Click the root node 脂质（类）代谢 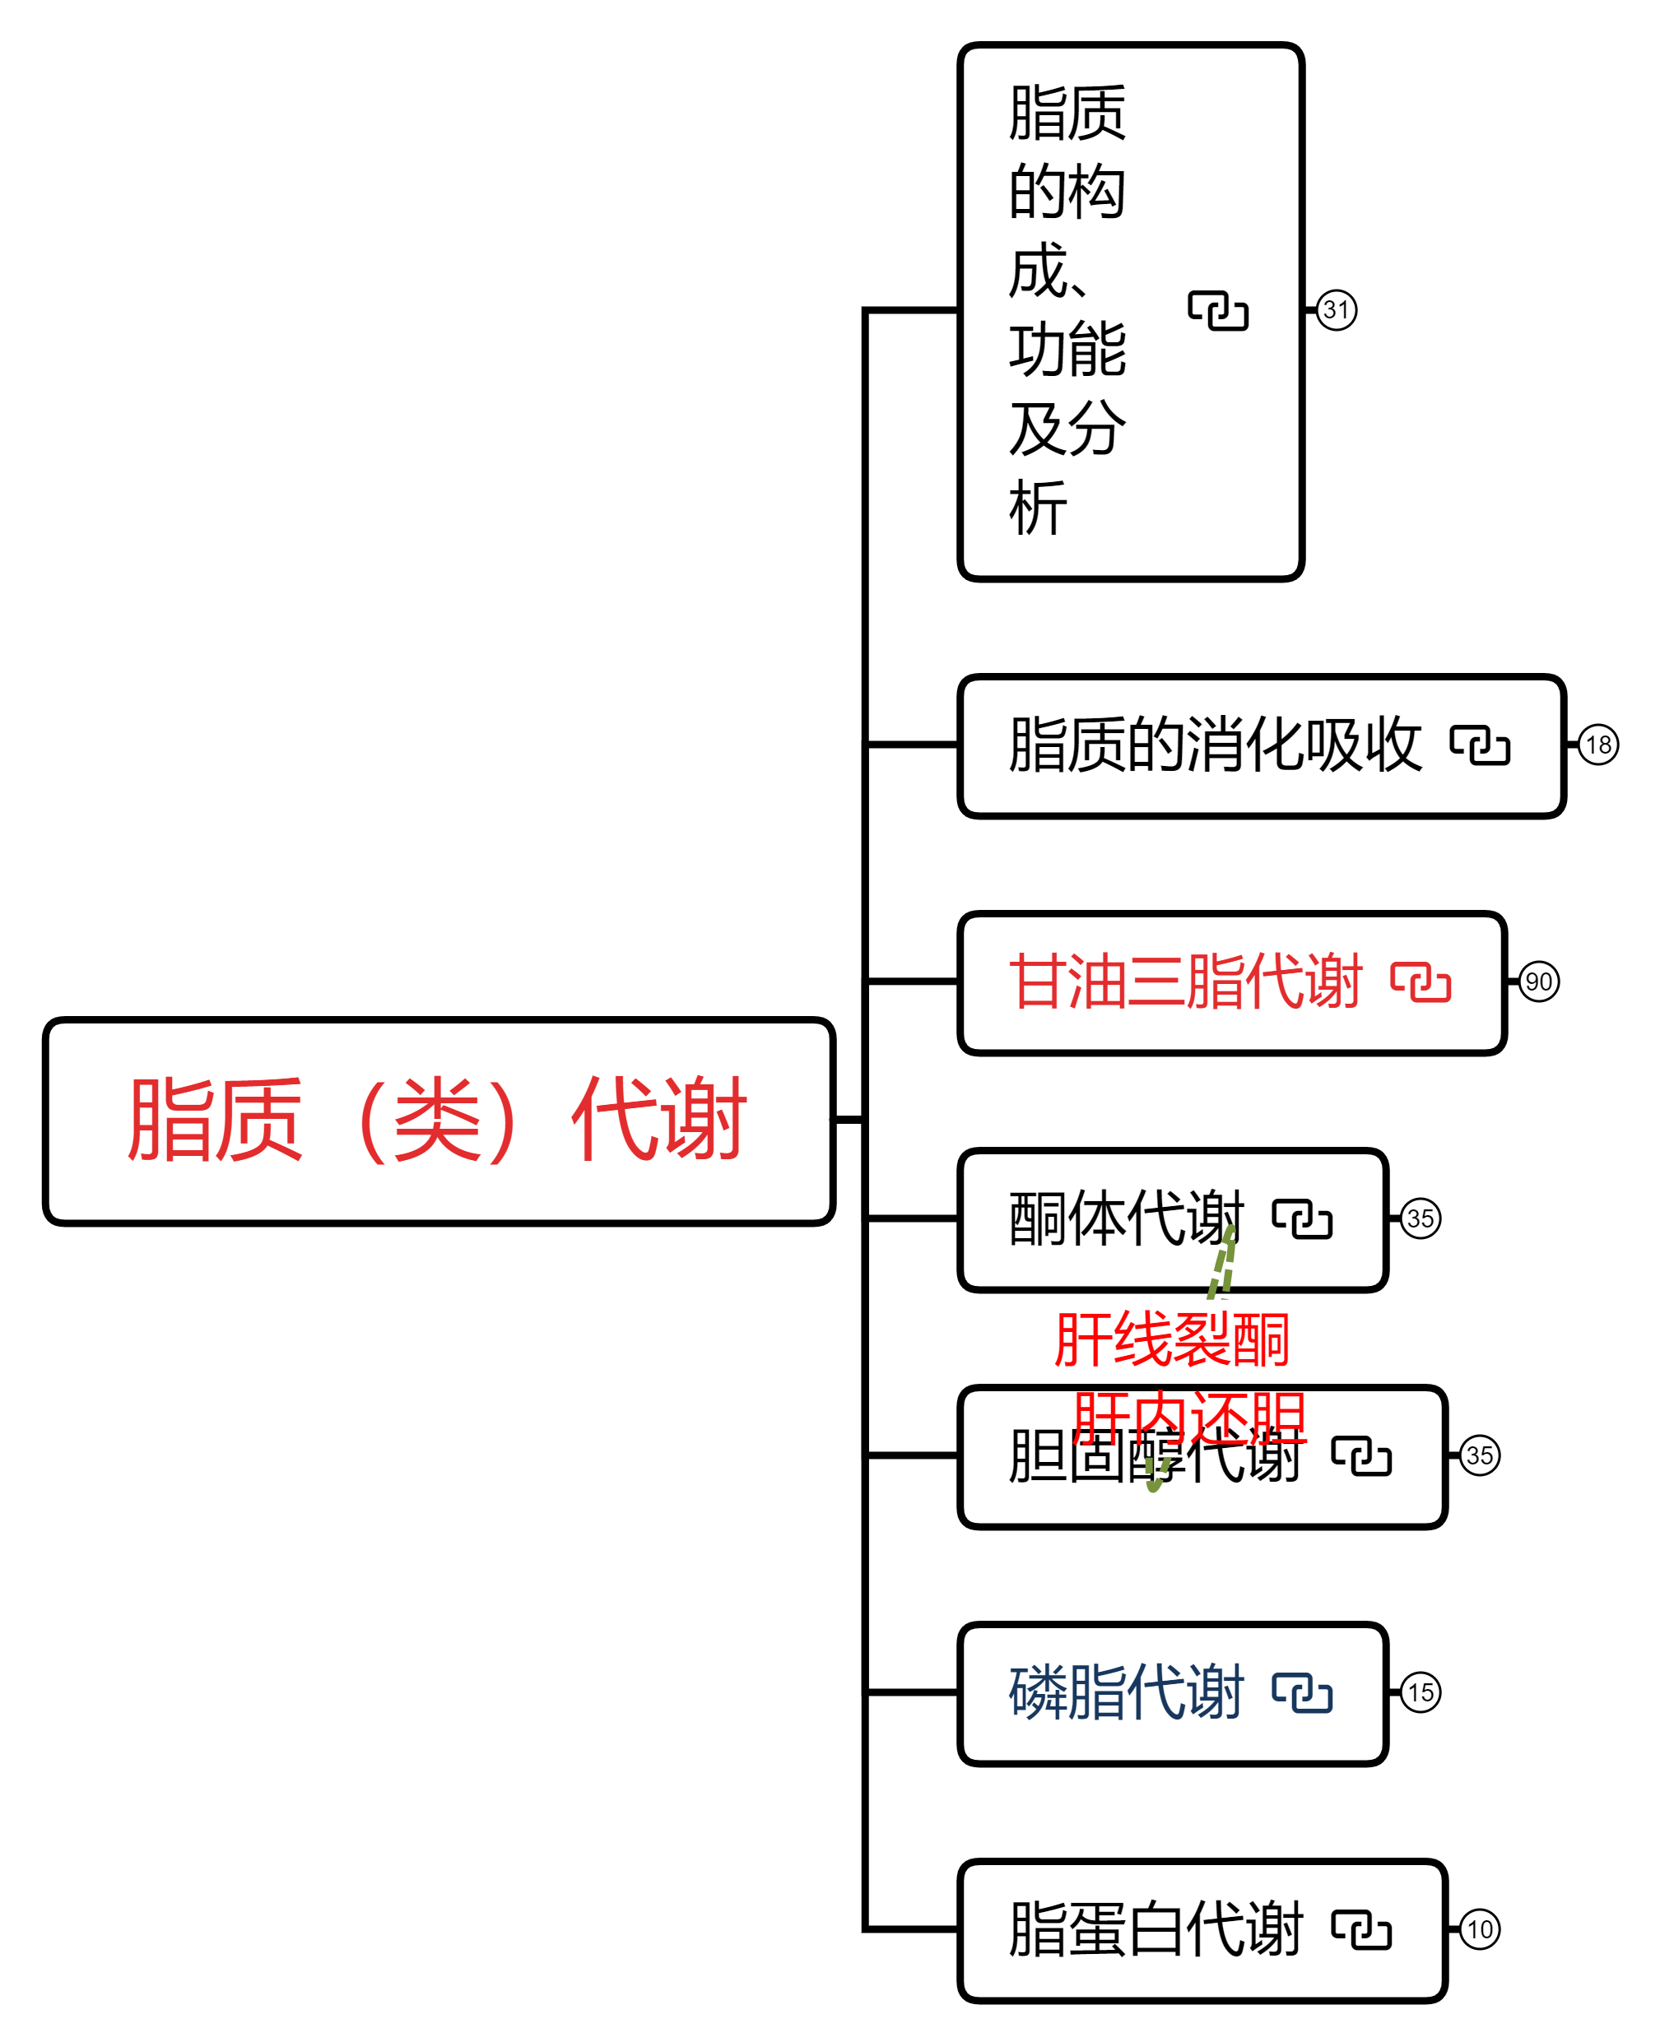tap(438, 1120)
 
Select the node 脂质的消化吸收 tap(1215, 745)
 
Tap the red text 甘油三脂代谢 tap(1186, 982)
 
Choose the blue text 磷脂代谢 tap(1126, 1693)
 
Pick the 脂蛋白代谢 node tap(1155, 1930)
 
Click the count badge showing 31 tap(1336, 309)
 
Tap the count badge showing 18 tap(1597, 745)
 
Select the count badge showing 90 tap(1538, 982)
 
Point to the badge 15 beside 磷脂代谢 tap(1420, 1693)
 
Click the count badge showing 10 tap(1479, 1930)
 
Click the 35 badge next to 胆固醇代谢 tap(1479, 1456)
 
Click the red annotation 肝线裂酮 tap(1171, 1340)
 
